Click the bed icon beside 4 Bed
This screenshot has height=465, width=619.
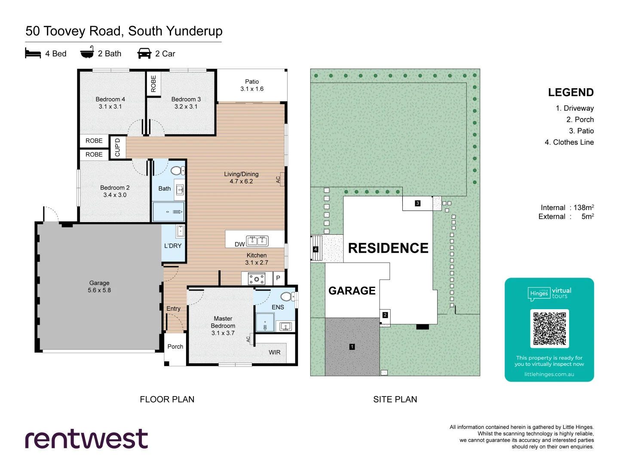coord(33,53)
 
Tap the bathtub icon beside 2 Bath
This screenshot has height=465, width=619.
coord(87,53)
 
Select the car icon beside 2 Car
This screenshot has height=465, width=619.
coord(144,53)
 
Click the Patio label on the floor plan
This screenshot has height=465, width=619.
coord(252,82)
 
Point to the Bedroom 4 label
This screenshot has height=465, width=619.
coord(110,99)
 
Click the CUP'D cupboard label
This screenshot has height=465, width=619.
coord(117,147)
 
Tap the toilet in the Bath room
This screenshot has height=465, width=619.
coord(177,170)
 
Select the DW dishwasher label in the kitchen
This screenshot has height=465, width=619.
coord(239,244)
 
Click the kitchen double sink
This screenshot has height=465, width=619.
coord(257,241)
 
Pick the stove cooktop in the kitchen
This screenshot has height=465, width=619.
coord(257,279)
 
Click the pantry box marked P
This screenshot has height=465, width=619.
coord(278,278)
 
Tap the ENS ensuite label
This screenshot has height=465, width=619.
coord(278,307)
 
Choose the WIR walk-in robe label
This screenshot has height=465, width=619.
coord(274,352)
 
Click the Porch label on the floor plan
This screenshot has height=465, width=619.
coord(175,347)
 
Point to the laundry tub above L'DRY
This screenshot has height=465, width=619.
coord(180,231)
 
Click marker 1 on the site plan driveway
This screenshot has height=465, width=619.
coord(352,347)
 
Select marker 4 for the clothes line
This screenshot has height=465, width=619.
coord(316,249)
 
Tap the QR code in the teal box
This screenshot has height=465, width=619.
coord(549,329)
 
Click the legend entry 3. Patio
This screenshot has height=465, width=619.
coord(581,131)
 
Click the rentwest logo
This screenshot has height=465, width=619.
coord(86,439)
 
